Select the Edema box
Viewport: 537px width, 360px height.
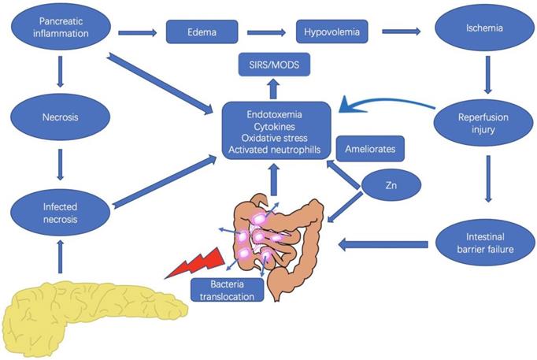click(x=202, y=33)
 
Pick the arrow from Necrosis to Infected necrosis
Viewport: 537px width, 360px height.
click(x=59, y=166)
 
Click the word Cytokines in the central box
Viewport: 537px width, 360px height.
click(x=274, y=127)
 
